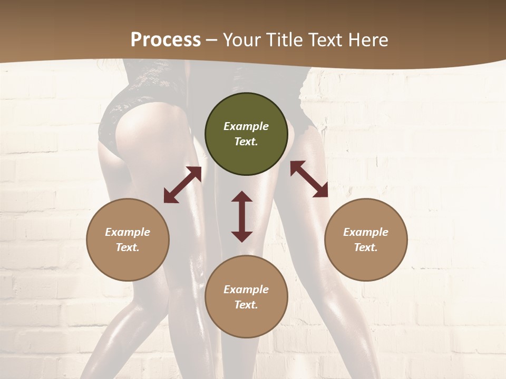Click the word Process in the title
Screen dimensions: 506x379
tap(166, 40)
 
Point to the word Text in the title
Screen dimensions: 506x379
tap(326, 40)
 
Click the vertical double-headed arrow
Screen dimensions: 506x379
tap(242, 216)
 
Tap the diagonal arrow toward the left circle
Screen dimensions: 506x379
tap(182, 185)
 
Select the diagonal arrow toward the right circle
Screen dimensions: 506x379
tap(309, 179)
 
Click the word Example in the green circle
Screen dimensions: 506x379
tap(246, 126)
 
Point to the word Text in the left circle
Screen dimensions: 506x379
tap(128, 247)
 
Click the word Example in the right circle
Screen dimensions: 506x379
tap(366, 232)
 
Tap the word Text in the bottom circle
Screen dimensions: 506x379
tap(246, 305)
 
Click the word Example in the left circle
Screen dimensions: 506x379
tap(128, 232)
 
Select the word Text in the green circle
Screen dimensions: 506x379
tap(246, 142)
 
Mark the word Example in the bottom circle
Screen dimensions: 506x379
tap(246, 290)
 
